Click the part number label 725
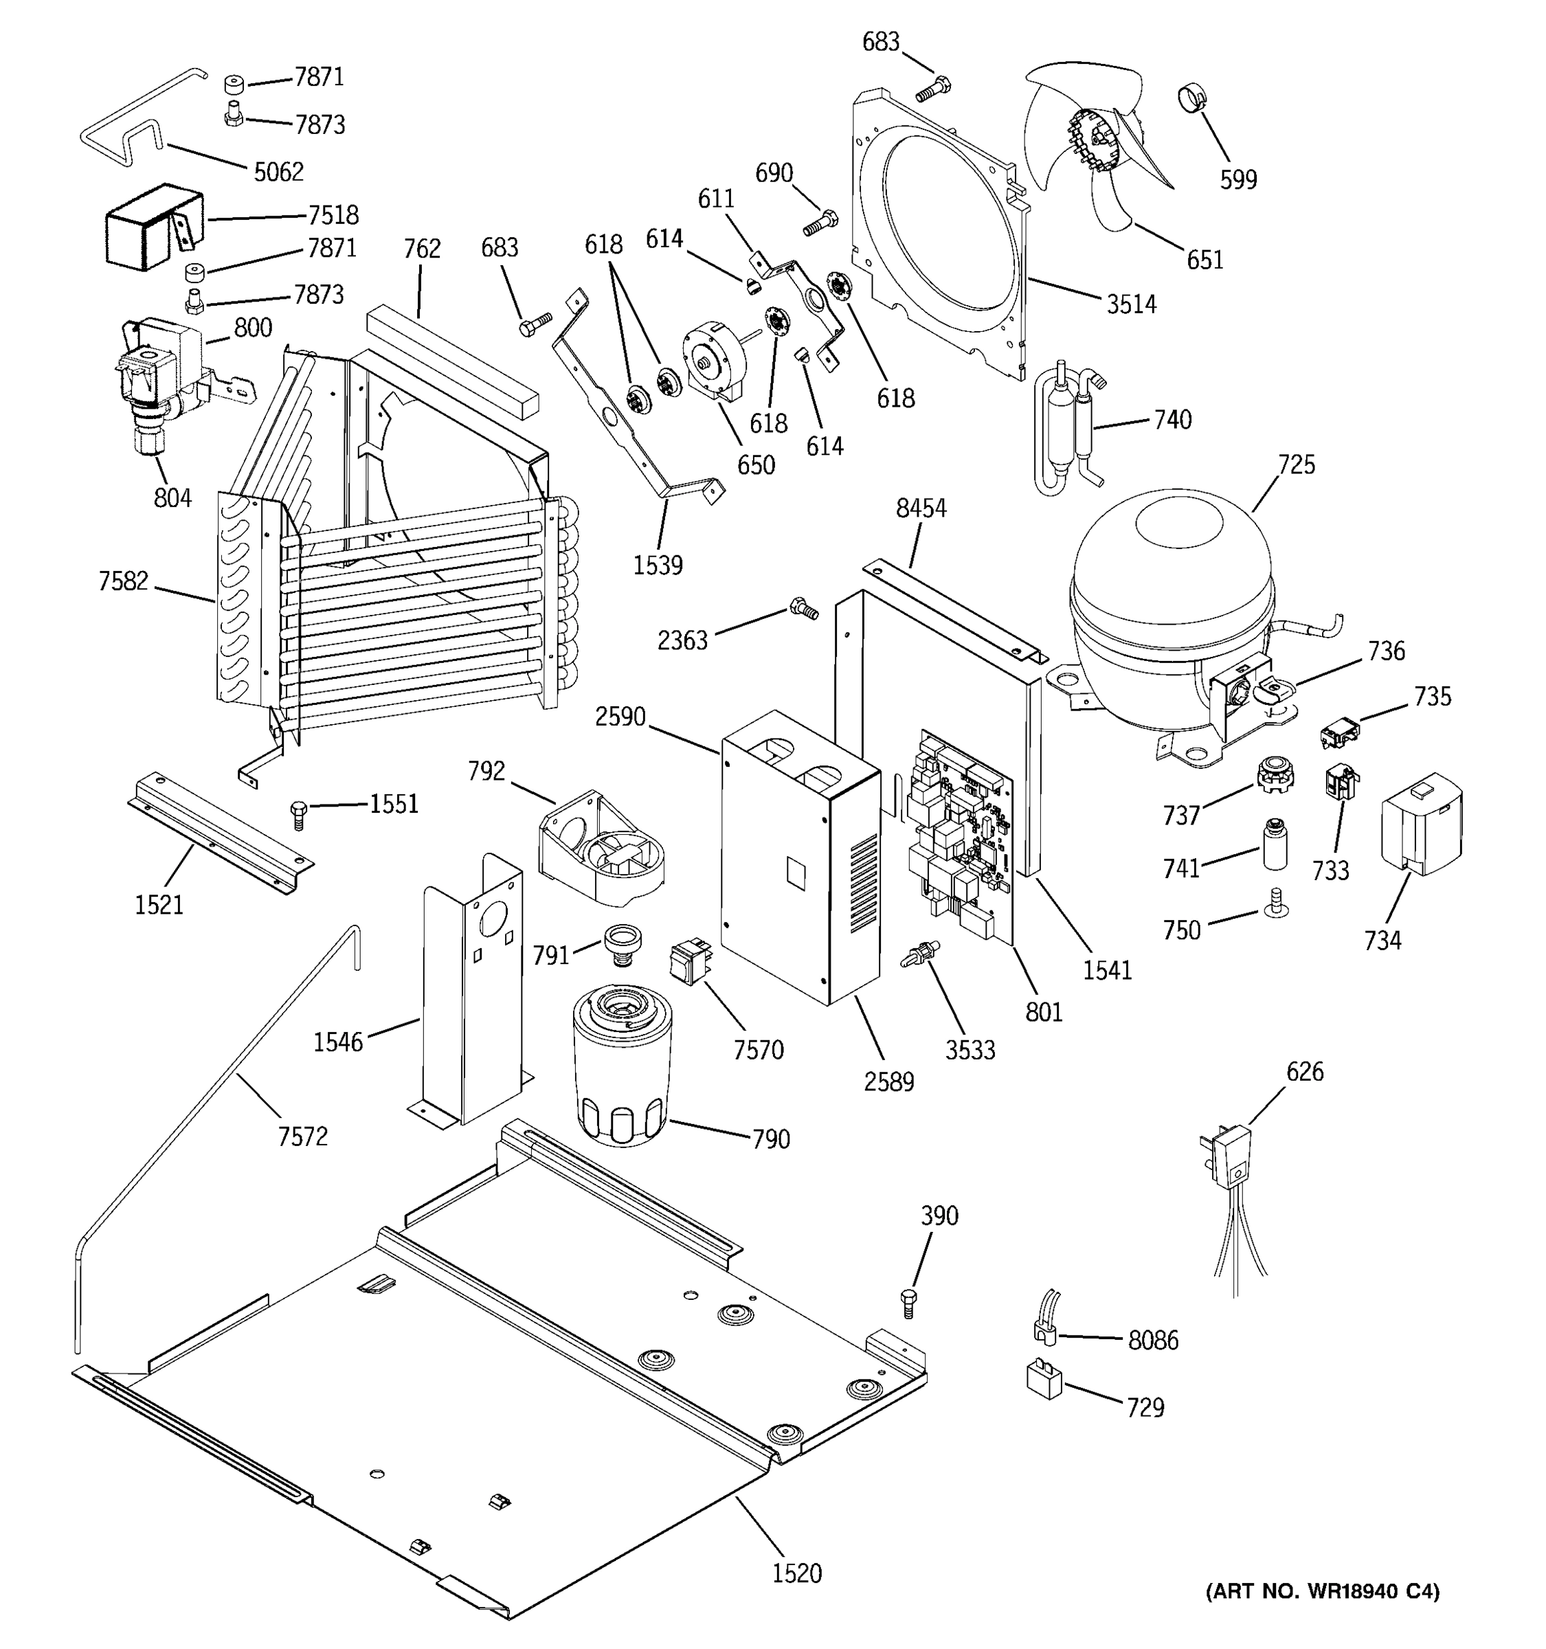click(x=1297, y=464)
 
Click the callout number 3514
click(x=1130, y=304)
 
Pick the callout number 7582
click(x=123, y=581)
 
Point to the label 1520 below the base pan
click(x=796, y=1573)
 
